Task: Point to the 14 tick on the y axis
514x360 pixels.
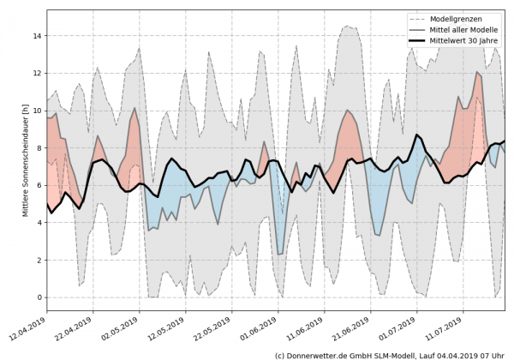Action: pyautogui.click(x=38, y=36)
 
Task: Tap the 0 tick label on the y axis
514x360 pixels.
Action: pyautogui.click(x=39, y=297)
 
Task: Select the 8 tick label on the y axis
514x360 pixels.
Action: pyautogui.click(x=39, y=148)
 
